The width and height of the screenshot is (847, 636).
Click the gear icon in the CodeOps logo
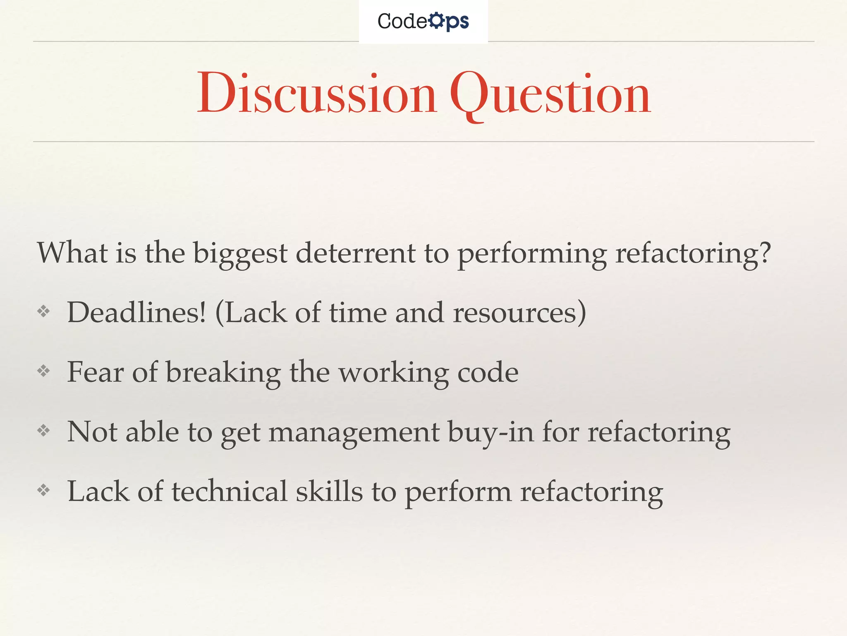point(436,20)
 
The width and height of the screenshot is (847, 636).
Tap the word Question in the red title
point(550,94)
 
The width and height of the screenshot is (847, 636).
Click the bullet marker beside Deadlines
point(43,311)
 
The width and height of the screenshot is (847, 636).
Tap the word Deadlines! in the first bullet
point(136,312)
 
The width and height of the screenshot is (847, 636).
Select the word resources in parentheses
point(515,313)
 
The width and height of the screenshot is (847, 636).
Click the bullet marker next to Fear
point(43,371)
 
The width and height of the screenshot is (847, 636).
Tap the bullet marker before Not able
point(43,431)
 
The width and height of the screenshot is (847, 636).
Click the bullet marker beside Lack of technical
point(43,491)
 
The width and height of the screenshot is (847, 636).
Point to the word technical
point(229,491)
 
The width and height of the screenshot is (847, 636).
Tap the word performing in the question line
point(532,253)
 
